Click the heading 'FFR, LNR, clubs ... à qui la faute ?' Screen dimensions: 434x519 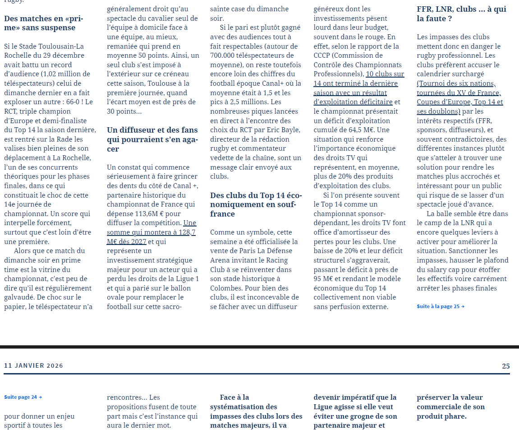click(461, 14)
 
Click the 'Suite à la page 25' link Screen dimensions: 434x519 click(441, 306)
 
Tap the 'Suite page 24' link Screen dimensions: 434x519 click(23, 397)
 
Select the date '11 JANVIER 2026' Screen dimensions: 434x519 click(34, 366)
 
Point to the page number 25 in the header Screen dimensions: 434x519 click(505, 366)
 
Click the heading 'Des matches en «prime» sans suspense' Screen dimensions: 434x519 click(43, 23)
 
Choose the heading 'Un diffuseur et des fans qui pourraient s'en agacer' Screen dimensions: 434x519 click(152, 139)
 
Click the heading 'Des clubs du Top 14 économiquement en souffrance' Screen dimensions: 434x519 click(256, 204)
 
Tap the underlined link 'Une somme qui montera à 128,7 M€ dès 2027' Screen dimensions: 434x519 click(151, 232)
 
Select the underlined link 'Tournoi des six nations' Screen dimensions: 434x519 click(457, 83)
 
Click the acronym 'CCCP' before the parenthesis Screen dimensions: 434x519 click(323, 55)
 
